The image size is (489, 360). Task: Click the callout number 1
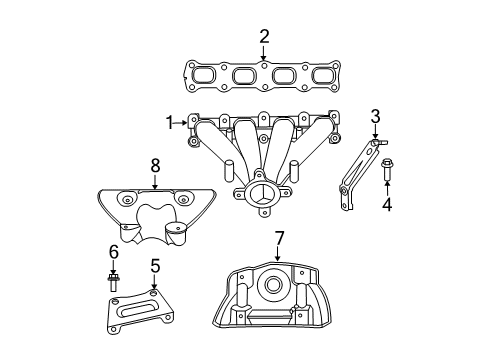[171, 122]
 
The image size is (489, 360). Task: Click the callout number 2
[264, 37]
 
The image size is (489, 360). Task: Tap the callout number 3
[375, 116]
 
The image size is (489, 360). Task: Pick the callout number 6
[114, 251]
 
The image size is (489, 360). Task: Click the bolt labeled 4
[387, 173]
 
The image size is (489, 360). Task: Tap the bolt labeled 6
[114, 281]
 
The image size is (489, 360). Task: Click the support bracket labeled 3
[356, 175]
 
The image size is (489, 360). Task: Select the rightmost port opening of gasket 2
[321, 76]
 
